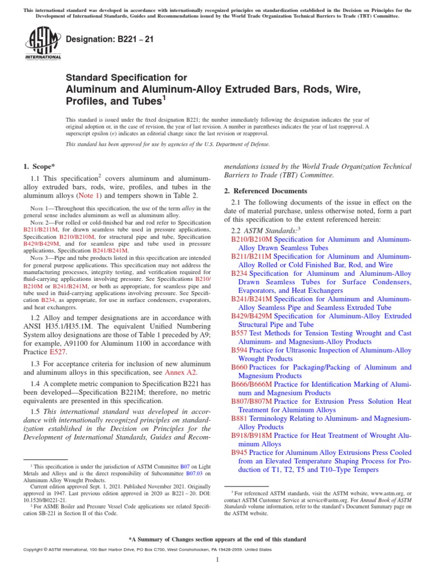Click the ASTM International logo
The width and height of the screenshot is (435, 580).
pyautogui.click(x=42, y=44)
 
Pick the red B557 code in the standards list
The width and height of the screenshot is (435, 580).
pyautogui.click(x=239, y=333)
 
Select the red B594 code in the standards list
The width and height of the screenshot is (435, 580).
pyautogui.click(x=239, y=350)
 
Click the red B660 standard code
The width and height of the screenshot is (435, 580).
pyautogui.click(x=239, y=367)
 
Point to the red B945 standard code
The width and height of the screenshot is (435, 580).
pyautogui.click(x=239, y=453)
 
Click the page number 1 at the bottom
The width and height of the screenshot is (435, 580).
pyautogui.click(x=217, y=560)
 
